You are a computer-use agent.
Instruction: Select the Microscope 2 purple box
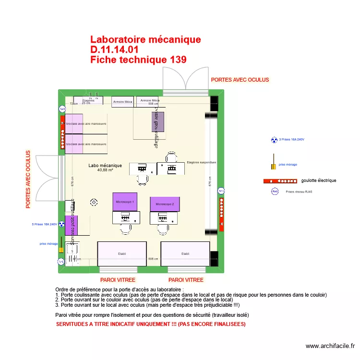click(165, 204)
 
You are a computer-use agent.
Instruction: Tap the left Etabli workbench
click(121, 253)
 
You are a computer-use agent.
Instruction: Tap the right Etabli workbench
click(185, 253)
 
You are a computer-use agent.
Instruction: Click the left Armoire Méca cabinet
click(122, 102)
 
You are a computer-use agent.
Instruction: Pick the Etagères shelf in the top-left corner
click(88, 100)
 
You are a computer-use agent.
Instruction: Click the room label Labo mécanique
click(105, 166)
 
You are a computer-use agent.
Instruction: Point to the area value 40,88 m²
click(105, 170)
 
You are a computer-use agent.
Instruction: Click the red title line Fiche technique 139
click(138, 60)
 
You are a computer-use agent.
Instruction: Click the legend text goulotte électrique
click(319, 181)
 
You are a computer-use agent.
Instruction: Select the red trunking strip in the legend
click(280, 181)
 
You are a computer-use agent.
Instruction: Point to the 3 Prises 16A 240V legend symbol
click(274, 140)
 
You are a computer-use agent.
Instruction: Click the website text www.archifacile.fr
click(330, 346)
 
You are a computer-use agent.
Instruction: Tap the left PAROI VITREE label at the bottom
click(118, 280)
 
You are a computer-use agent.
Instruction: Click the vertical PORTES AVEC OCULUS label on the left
click(28, 180)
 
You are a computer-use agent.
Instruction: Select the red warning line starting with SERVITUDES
click(151, 324)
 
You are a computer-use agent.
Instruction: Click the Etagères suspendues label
click(202, 162)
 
